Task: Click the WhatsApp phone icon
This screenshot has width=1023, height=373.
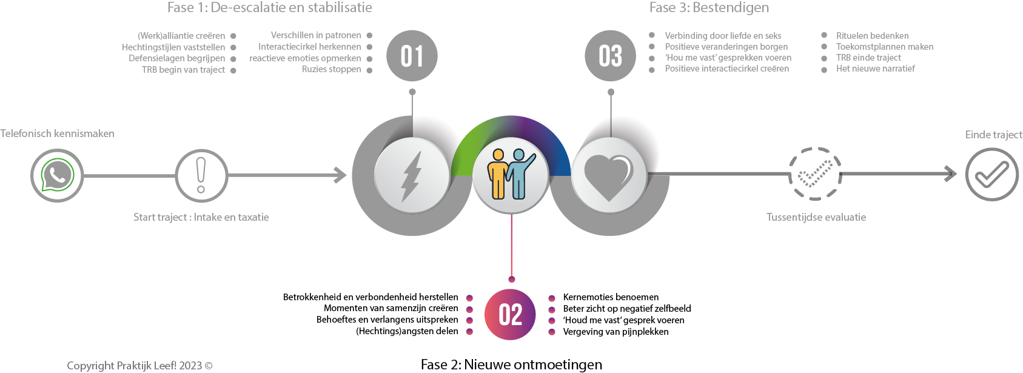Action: pos(57,175)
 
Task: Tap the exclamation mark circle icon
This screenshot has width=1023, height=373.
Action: pos(201,175)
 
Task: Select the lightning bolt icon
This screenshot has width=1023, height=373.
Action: pos(411,176)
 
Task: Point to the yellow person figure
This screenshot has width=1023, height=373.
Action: pos(497,174)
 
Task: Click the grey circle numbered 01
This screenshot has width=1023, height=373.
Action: pos(412,56)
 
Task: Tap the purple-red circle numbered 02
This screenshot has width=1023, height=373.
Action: pos(510,315)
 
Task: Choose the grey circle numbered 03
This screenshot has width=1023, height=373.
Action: pos(610,56)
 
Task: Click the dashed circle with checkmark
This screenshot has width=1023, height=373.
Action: pos(815,173)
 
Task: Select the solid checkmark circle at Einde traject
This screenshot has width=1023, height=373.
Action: pos(992,175)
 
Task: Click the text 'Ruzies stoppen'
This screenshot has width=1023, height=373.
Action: pos(332,69)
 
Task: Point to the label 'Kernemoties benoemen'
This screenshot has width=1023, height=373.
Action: pos(611,297)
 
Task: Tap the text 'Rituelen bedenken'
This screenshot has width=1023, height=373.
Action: pos(872,36)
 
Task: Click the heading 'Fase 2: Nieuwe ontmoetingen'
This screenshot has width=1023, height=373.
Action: pos(512,365)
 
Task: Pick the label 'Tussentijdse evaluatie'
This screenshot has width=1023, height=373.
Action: pos(816,217)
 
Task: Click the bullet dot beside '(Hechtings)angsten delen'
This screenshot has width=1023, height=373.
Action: pos(469,331)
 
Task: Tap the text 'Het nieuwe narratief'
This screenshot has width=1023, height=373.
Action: pos(876,69)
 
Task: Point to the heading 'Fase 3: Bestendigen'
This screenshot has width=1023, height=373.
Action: pos(709,7)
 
